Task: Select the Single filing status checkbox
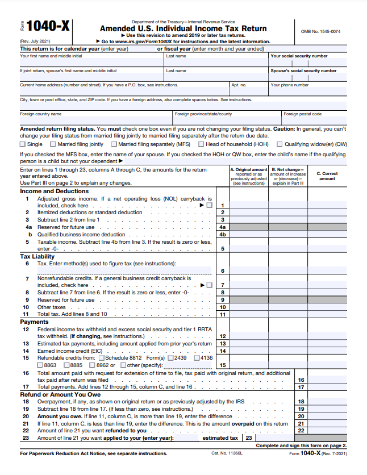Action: pos(23,144)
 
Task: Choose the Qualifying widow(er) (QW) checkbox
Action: pos(279,144)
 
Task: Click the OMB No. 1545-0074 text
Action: pos(320,31)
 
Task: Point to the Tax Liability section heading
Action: pos(37,257)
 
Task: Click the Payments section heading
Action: pos(35,322)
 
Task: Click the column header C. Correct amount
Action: pos(327,176)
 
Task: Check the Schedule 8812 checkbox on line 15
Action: pos(102,358)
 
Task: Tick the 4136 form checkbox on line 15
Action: pos(196,358)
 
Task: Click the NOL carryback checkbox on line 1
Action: pos(210,205)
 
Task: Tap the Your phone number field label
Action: pos(290,85)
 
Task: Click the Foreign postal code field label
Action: pos(302,114)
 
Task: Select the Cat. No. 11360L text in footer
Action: pos(227,453)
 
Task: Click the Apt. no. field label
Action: pos(239,85)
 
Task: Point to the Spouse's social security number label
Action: pos(303,71)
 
